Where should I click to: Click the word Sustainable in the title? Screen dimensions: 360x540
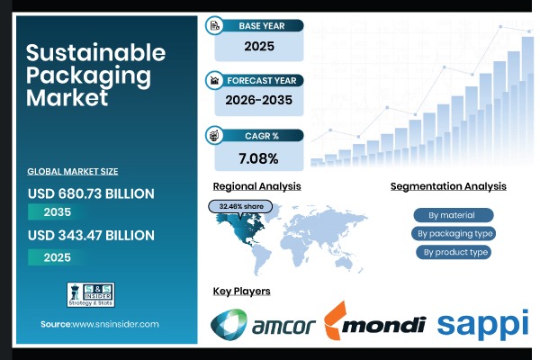click(95, 52)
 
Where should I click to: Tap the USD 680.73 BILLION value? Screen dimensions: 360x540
click(90, 193)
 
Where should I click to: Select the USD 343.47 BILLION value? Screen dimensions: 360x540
click(90, 235)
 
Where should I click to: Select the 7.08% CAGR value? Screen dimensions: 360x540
click(260, 157)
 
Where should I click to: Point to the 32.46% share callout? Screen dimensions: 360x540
click(239, 206)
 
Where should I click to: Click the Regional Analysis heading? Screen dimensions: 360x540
click(256, 186)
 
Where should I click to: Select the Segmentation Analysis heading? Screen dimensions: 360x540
click(448, 186)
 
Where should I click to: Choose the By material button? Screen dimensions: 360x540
click(454, 215)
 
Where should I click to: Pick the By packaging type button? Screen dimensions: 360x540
click(454, 233)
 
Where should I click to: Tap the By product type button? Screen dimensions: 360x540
click(454, 251)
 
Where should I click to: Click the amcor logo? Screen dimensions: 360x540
click(263, 325)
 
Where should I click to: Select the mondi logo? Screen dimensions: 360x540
click(374, 324)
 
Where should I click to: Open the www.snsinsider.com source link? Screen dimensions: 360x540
click(115, 324)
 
